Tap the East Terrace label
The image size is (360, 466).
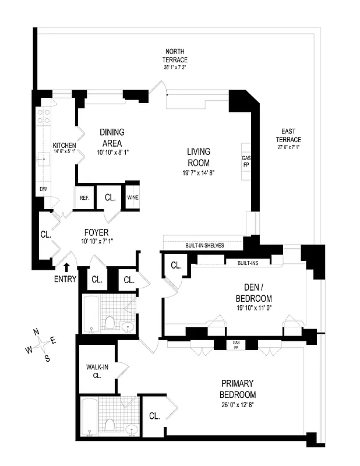[288, 143]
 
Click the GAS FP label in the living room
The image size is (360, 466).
[246, 161]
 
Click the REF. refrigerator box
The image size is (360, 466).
[84, 198]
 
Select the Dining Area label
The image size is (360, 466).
[112, 137]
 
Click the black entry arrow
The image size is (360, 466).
[66, 267]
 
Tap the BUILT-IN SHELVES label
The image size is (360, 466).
[205, 245]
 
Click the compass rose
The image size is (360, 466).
[41, 344]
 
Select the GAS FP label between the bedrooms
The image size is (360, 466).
[236, 344]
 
